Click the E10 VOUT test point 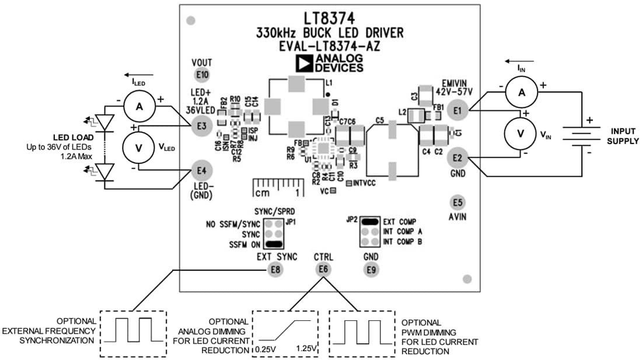(x=202, y=75)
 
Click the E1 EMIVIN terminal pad (x=458, y=110)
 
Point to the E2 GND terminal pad (x=458, y=158)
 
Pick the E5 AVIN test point (x=458, y=202)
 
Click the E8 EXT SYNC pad (x=275, y=269)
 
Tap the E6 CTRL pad (x=323, y=269)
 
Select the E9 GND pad (x=371, y=269)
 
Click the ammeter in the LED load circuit (x=139, y=106)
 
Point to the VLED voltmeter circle (x=139, y=148)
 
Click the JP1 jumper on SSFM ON (x=274, y=244)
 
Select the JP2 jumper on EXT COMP (x=369, y=222)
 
